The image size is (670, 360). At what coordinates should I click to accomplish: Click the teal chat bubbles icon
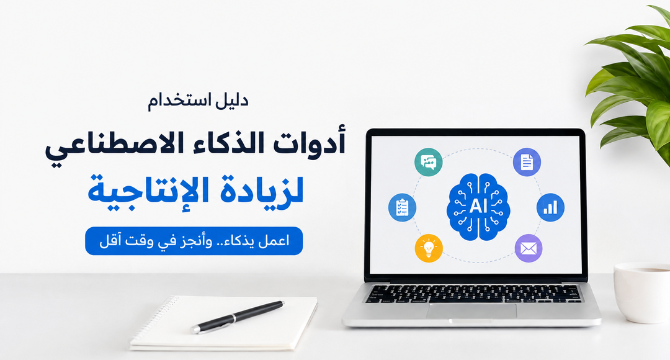click(428, 162)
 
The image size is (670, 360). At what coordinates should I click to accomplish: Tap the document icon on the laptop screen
click(527, 162)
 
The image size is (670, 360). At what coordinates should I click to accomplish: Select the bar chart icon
click(550, 207)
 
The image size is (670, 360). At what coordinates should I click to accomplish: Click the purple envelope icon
click(529, 248)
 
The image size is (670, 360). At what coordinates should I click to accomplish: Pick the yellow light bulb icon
click(429, 248)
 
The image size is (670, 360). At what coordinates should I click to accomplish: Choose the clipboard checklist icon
click(402, 207)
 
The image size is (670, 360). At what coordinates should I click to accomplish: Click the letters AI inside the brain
click(478, 206)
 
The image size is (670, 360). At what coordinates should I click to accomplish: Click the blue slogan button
click(194, 241)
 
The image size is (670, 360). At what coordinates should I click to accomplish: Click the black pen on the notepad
click(238, 317)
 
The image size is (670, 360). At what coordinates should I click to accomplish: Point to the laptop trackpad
click(471, 311)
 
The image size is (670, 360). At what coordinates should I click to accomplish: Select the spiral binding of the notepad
click(154, 317)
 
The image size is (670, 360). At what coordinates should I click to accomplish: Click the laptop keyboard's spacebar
click(470, 300)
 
